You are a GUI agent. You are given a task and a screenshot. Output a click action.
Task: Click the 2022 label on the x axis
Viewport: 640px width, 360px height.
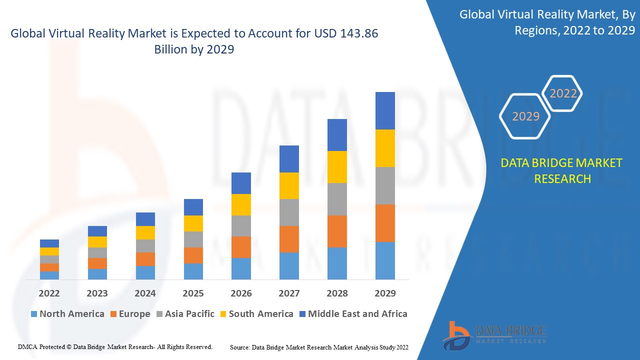coord(49,293)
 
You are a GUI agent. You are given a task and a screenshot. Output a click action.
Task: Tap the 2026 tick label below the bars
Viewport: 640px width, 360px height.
coord(241,293)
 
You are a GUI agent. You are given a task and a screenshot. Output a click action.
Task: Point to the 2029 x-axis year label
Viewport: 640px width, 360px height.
coord(385,293)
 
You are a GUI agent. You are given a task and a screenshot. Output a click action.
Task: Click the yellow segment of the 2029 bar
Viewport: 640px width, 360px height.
coord(385,148)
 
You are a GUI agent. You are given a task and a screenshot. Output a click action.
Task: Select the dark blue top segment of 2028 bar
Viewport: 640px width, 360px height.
coord(337,135)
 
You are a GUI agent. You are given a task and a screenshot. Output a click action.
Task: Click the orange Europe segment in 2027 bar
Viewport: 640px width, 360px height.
coord(289,239)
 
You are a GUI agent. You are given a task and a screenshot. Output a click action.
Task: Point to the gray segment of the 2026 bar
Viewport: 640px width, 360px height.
coord(241,226)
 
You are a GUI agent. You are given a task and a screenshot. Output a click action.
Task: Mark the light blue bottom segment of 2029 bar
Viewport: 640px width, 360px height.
coord(385,260)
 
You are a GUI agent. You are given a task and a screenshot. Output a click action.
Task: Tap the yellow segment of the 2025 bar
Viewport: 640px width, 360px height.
coord(193,223)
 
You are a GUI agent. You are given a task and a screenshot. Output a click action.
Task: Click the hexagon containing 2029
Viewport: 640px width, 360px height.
coord(525,116)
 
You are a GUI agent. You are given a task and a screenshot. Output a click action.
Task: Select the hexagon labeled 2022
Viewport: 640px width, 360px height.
coord(563,93)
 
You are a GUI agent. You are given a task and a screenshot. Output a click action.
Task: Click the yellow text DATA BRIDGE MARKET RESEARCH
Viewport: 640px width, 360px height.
coord(562,170)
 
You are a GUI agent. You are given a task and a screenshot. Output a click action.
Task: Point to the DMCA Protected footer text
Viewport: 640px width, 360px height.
coord(115,346)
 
